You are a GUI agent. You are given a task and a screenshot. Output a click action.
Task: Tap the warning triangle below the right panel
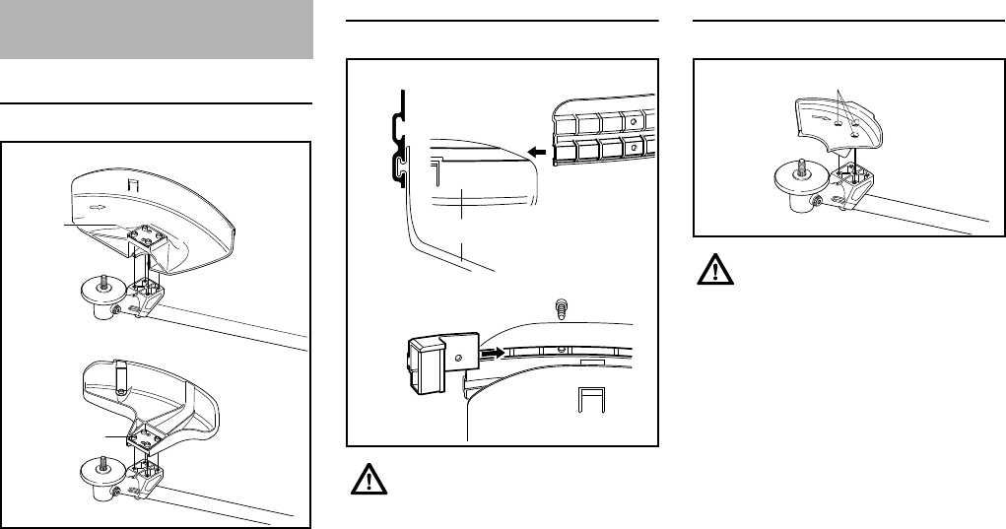coord(713,270)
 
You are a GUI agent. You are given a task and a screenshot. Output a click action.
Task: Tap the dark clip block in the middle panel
coord(428,361)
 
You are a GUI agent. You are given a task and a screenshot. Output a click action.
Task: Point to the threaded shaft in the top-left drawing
coord(101,278)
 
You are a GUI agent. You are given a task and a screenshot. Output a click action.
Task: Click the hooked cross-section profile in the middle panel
coord(397,143)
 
